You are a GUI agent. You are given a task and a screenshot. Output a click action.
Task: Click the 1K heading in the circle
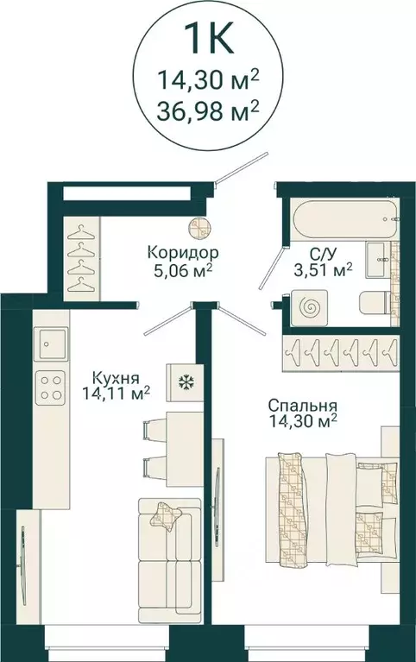point(208,41)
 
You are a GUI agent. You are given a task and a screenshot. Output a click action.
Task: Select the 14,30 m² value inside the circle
point(208,83)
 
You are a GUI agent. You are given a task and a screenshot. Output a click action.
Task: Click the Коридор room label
point(181,254)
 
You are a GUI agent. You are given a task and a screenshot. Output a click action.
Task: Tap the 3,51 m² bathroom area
point(325,271)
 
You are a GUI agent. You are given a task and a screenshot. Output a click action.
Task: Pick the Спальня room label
point(301,406)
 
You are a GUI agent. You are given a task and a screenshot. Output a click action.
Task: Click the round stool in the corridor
point(199,227)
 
